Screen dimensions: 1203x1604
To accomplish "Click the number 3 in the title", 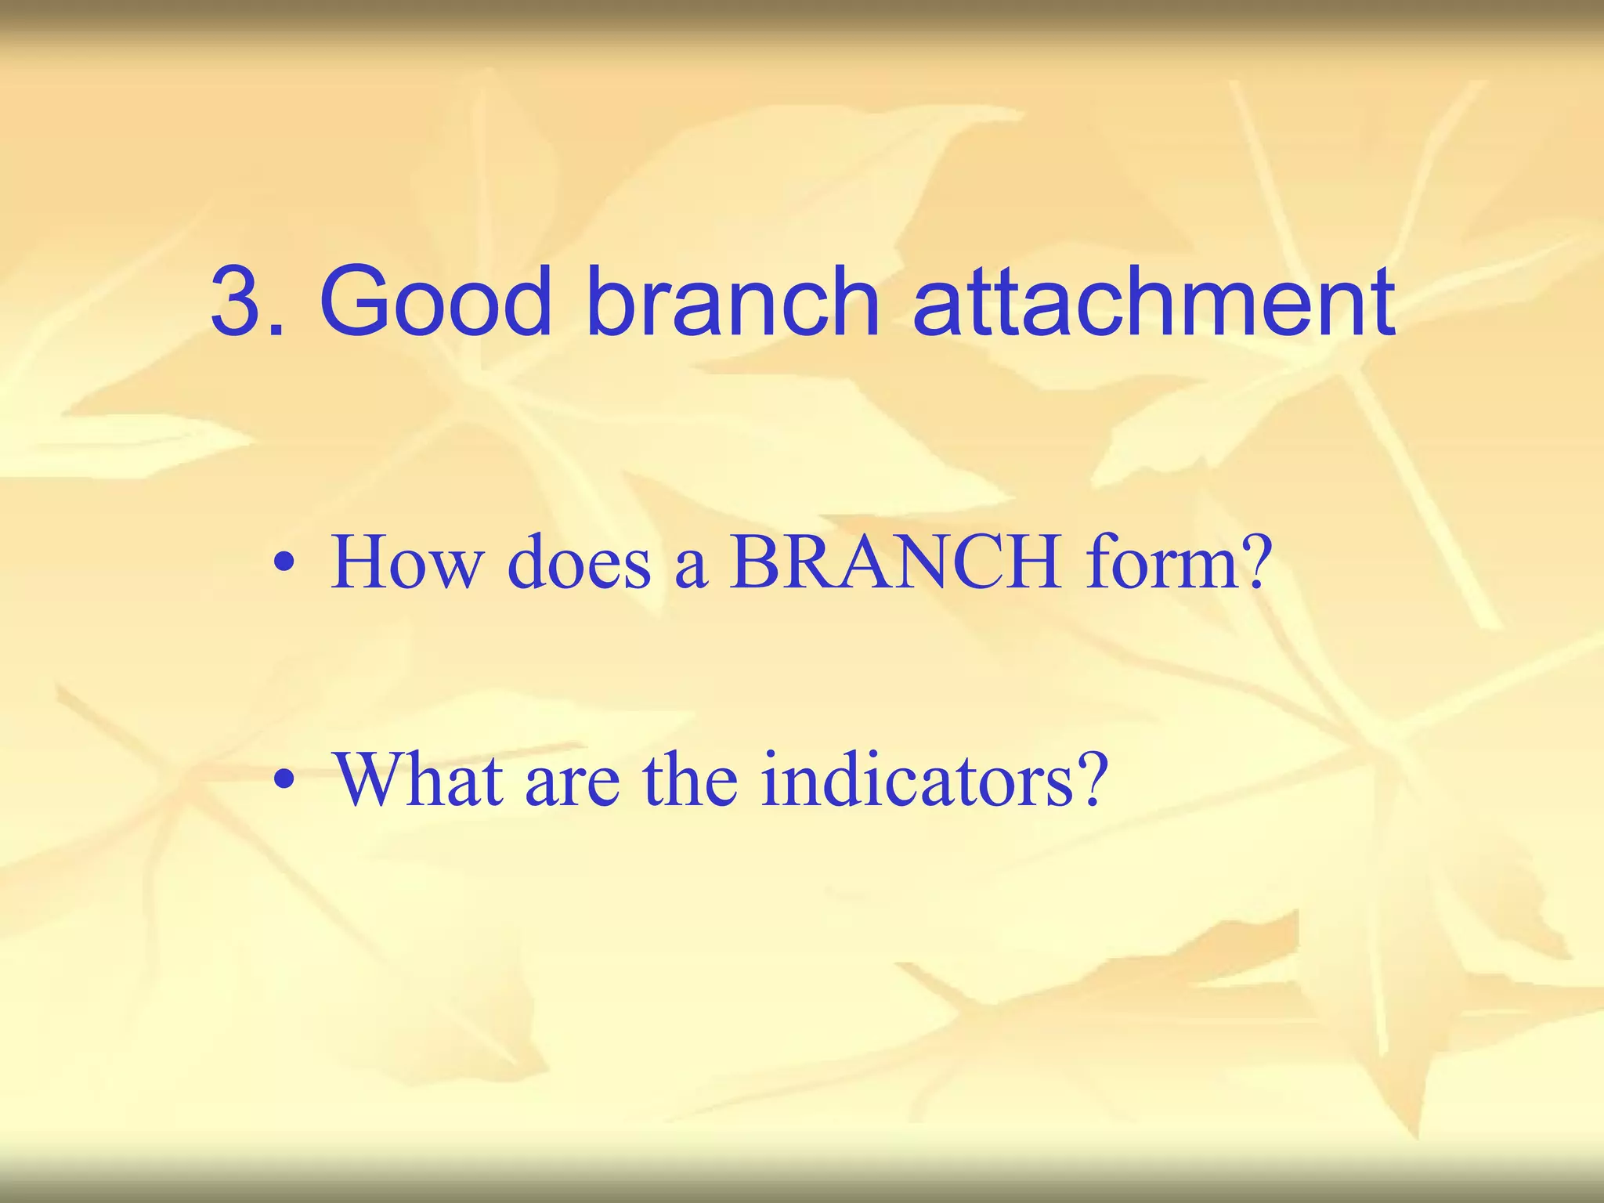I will click(239, 302).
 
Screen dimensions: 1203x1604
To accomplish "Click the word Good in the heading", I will click(435, 302).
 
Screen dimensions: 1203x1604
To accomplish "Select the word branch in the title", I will click(733, 302).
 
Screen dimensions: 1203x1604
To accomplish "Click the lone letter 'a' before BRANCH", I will click(691, 567).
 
